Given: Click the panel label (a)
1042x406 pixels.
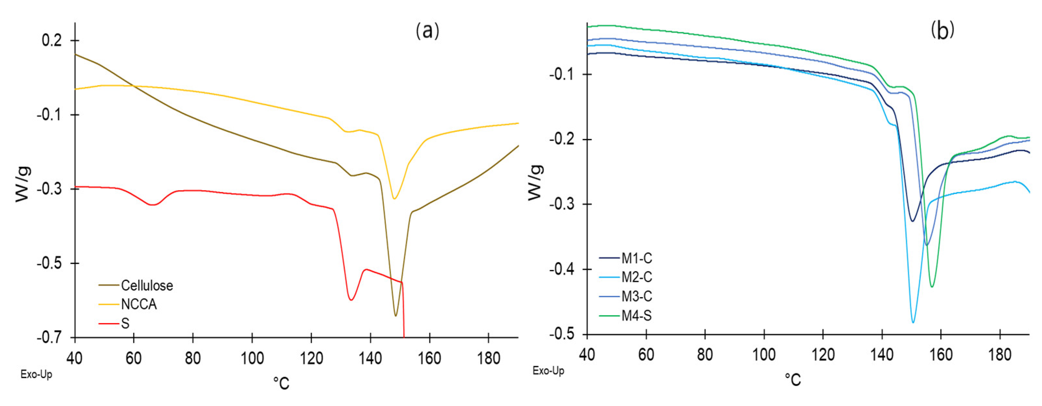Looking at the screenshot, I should pos(427,30).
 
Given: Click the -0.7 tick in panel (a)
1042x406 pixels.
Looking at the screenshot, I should pos(50,338).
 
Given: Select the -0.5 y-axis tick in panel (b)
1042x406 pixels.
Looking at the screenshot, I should pos(562,334).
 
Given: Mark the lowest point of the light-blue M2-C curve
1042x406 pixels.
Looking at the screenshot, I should pos(913,322).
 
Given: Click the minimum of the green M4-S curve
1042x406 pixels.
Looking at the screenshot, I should pos(932,286).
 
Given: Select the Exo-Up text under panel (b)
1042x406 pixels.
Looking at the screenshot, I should pos(548,370).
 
